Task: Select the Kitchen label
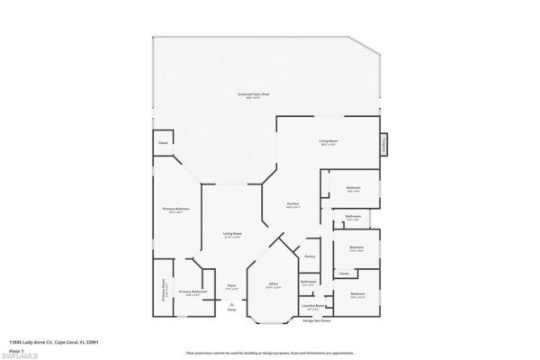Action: (292, 204)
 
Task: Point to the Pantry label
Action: (310, 256)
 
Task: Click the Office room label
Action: (274, 284)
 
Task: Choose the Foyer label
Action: (231, 286)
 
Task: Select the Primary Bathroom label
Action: (193, 292)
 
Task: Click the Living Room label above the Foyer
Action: (232, 235)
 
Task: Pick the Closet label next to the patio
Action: (164, 142)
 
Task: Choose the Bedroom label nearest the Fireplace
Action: (354, 188)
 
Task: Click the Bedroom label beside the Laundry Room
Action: (357, 294)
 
